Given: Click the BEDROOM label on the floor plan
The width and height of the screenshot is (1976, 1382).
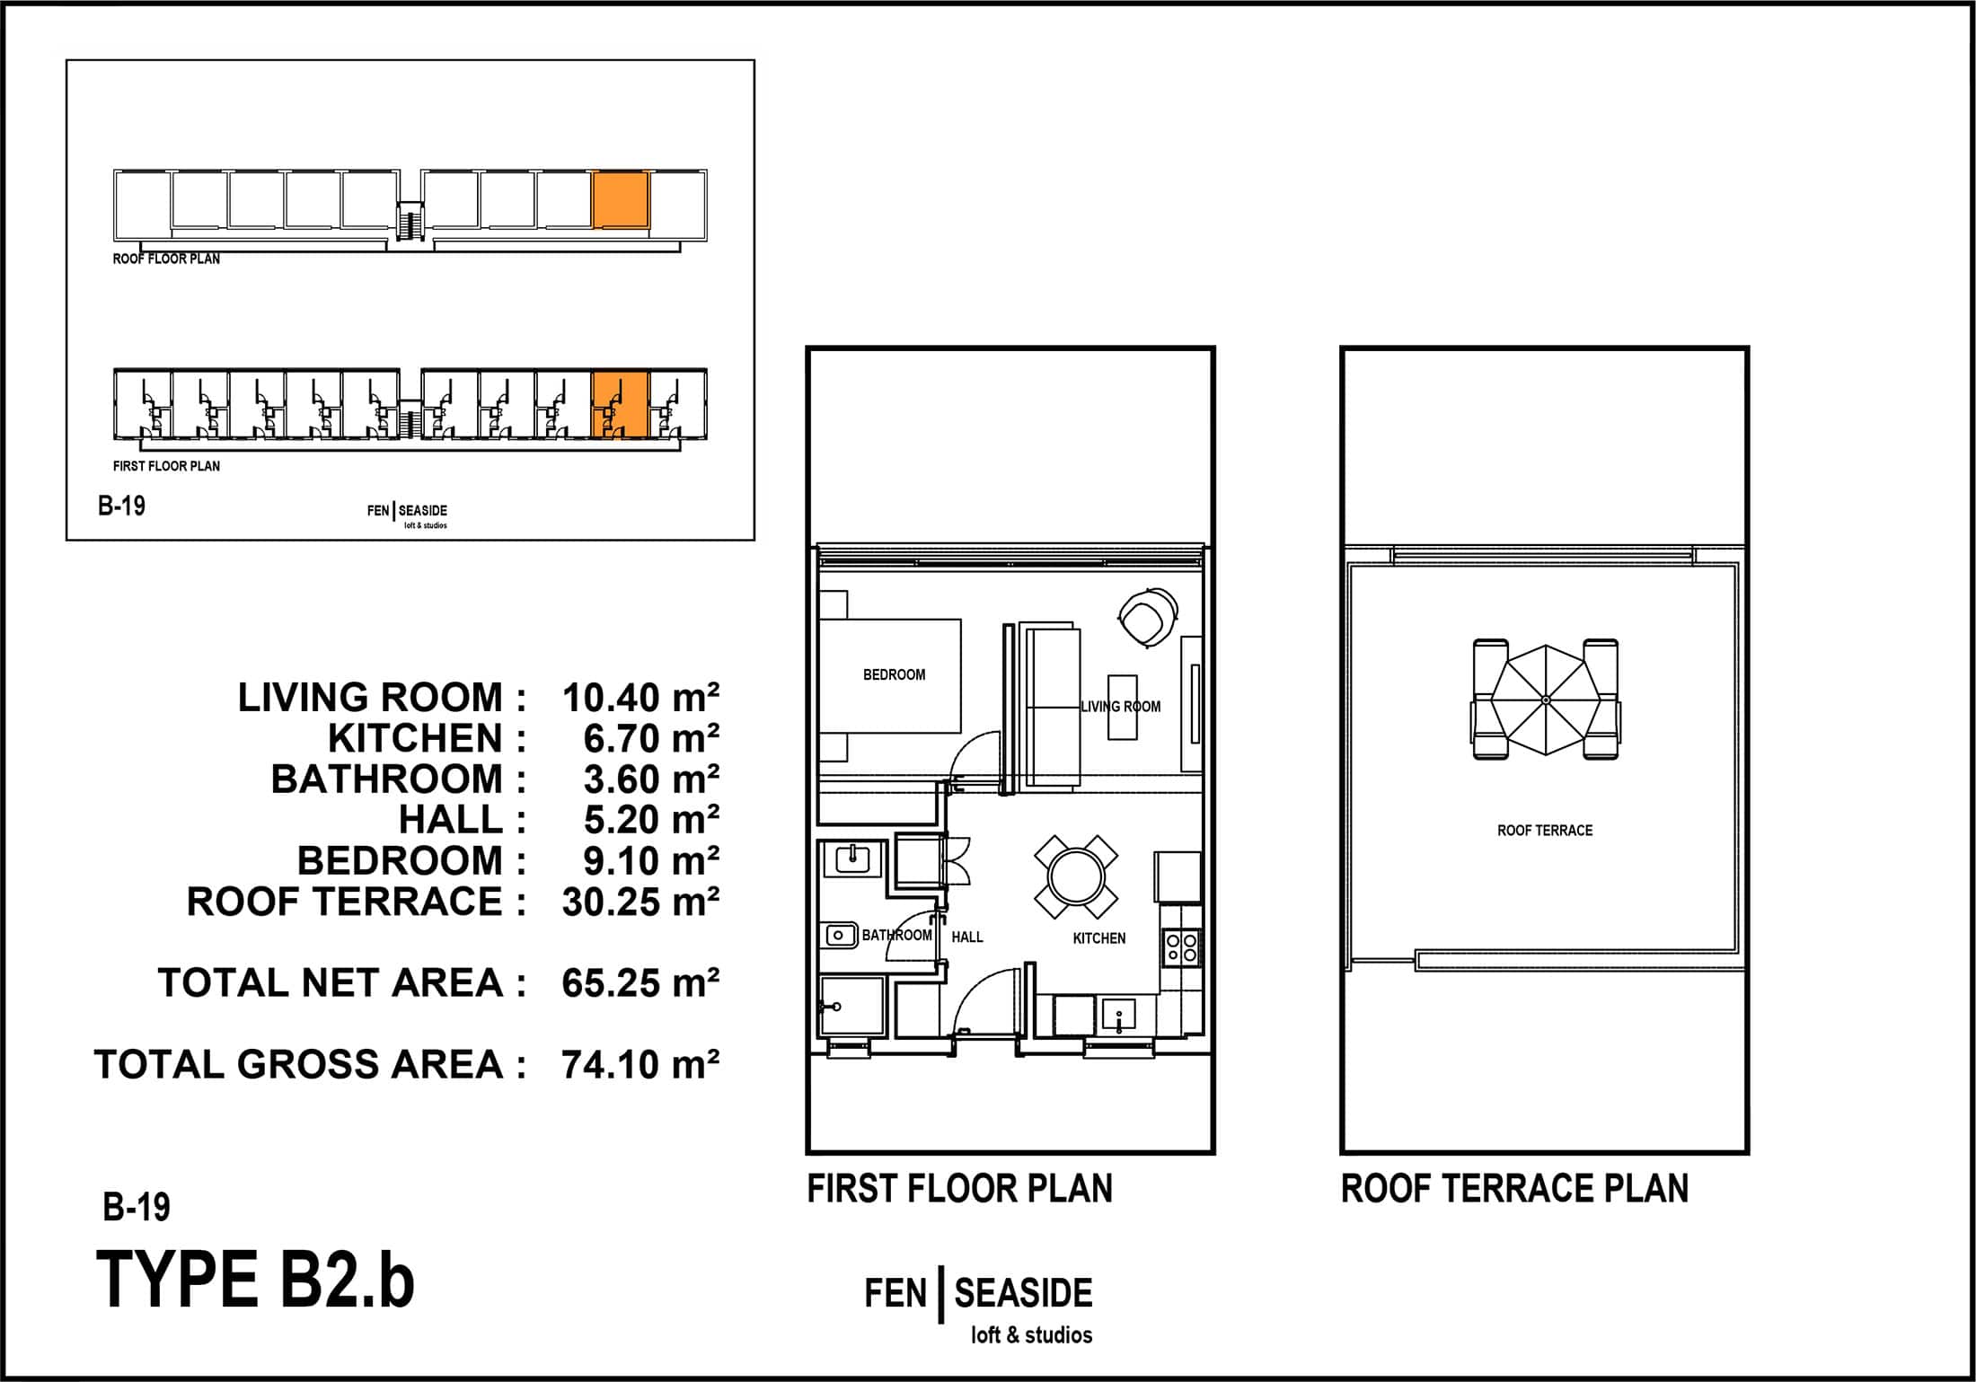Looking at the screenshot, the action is [894, 674].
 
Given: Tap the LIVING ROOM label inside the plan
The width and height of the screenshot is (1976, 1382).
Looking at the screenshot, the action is [1120, 707].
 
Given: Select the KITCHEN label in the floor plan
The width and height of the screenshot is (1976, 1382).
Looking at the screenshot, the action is [1098, 938].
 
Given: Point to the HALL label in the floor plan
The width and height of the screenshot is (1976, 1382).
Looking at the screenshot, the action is [967, 937].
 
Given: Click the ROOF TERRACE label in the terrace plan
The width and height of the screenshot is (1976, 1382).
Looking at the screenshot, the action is [1545, 831].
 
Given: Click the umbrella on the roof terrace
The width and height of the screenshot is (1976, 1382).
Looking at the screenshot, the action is [1546, 700].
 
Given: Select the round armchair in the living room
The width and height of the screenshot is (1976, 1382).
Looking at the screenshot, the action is [1147, 616].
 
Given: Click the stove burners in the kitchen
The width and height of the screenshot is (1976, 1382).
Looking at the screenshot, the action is [1181, 947].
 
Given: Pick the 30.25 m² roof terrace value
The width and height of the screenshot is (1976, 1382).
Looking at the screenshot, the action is [640, 902].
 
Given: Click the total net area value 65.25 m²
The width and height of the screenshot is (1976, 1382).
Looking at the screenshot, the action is [640, 983].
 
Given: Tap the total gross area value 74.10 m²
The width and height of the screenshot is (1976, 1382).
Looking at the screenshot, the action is [640, 1065].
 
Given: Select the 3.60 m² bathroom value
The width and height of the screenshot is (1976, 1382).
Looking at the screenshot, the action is [651, 779].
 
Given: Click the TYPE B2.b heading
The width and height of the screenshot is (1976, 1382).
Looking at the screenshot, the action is [255, 1280].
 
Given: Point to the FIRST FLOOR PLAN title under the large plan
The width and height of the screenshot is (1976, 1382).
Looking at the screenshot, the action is [959, 1189].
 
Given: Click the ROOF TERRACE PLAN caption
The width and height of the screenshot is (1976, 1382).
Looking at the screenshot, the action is [1514, 1189].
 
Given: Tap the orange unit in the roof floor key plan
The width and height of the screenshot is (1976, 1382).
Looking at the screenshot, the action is [621, 200].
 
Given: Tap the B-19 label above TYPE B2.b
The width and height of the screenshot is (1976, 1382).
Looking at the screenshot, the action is [137, 1208].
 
